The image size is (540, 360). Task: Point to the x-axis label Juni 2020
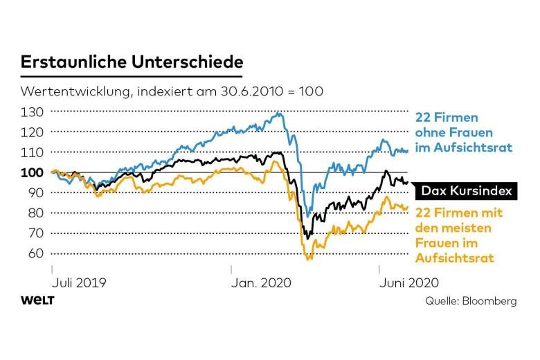408,282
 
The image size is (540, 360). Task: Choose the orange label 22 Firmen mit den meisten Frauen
459,235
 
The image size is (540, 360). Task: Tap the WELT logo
38,300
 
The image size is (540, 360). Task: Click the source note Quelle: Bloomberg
471,301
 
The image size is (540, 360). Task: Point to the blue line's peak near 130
279,113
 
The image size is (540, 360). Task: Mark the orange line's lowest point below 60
309,259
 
